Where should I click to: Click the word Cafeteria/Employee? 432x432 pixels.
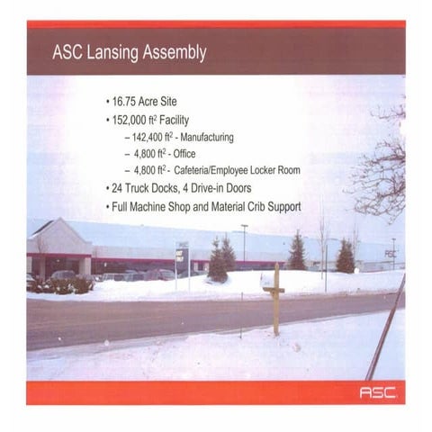[x=220, y=170]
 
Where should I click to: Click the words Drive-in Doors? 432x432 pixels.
[x=228, y=188]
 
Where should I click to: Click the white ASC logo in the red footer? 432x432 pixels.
[x=378, y=392]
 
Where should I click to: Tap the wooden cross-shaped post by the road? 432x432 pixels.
[x=274, y=297]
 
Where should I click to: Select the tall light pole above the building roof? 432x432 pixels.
[x=244, y=241]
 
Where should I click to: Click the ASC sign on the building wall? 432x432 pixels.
[x=390, y=254]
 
